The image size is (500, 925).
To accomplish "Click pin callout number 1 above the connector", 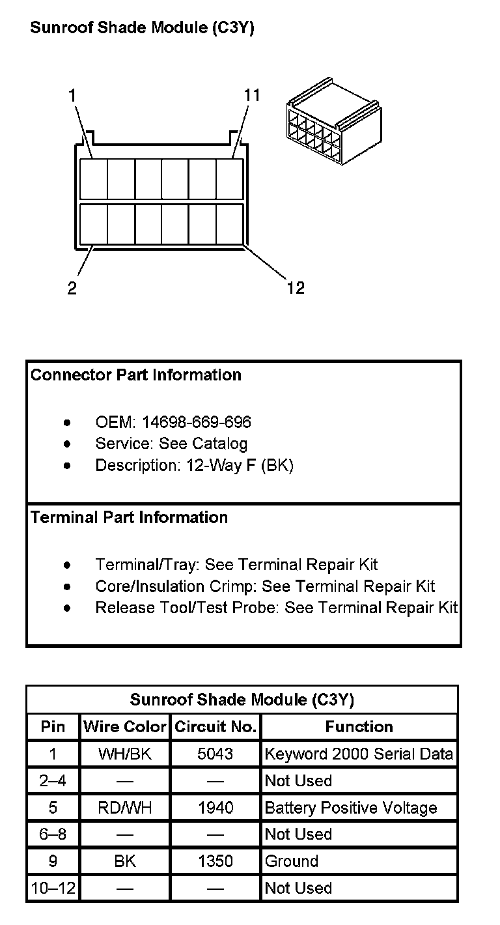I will coord(72,95).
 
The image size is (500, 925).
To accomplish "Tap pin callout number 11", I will coord(251,95).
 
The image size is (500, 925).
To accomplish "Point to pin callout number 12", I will coord(295,287).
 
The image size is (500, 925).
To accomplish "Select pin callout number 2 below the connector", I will coord(72,288).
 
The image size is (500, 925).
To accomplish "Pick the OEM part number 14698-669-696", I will coord(197,422).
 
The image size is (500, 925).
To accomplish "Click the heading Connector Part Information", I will coord(136,375).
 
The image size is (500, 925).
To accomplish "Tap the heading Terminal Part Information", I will coord(130,518).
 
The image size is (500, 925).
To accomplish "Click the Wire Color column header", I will coord(125,727).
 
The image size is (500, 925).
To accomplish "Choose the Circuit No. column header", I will coord(215,727).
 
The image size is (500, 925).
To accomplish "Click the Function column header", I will coord(359,727).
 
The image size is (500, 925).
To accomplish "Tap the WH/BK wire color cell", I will coord(125,754).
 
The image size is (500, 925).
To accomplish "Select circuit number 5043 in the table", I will coord(215,754).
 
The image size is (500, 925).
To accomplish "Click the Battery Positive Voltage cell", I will coord(351,808).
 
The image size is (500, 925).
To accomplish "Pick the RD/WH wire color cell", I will coord(125,808).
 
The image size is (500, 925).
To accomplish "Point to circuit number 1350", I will coord(215,861).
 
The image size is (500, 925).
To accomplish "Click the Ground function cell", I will coord(292,861).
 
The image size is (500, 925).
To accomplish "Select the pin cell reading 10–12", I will coord(53,888).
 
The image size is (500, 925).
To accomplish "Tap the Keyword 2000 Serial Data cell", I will coord(359,754).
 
